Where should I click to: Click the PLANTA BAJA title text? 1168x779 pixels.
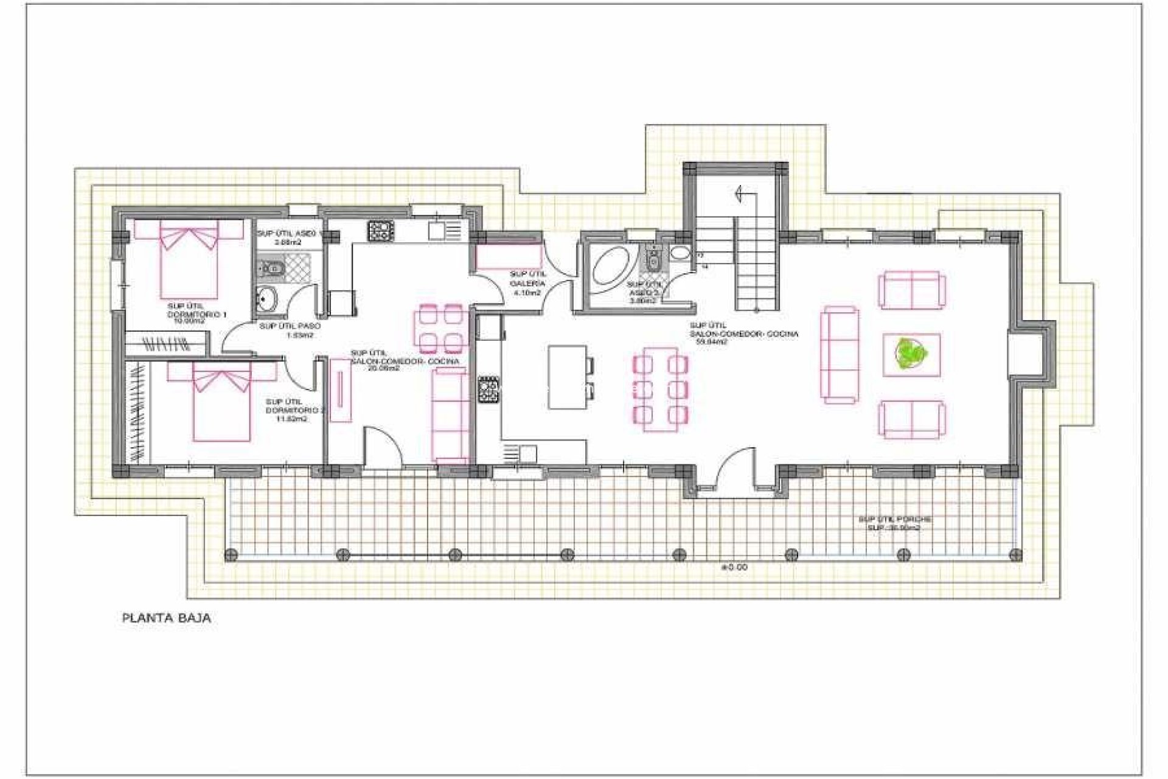coord(167,619)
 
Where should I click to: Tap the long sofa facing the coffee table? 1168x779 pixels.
coord(841,355)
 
